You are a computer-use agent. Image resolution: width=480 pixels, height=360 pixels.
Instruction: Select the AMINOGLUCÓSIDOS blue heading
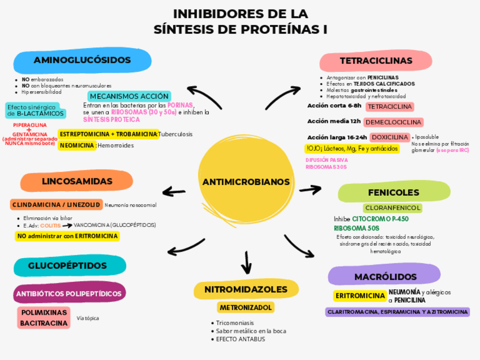83,61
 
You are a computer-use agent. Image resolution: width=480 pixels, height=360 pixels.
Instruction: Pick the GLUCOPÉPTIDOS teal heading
67,265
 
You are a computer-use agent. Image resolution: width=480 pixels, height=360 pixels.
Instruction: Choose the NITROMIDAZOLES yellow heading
246,289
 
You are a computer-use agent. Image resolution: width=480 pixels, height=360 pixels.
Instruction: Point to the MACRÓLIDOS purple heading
385,276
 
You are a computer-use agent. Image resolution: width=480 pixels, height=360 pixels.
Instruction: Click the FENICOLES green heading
393,192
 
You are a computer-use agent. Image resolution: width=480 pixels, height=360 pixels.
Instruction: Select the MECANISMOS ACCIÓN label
129,96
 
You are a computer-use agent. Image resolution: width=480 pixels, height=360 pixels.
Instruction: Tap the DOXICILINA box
389,138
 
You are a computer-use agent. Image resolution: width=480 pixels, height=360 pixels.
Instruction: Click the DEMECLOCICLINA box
393,122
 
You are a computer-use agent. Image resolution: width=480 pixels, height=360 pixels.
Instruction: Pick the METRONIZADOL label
246,307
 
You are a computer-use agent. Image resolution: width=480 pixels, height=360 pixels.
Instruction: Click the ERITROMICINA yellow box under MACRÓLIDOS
360,296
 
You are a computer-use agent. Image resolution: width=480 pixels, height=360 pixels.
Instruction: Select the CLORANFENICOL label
392,208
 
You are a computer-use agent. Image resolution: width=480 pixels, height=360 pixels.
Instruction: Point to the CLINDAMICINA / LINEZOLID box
56,204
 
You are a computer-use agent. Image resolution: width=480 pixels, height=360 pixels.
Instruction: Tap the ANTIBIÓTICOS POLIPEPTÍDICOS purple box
68,294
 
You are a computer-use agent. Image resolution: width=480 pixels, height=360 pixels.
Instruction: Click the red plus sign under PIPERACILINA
29,130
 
